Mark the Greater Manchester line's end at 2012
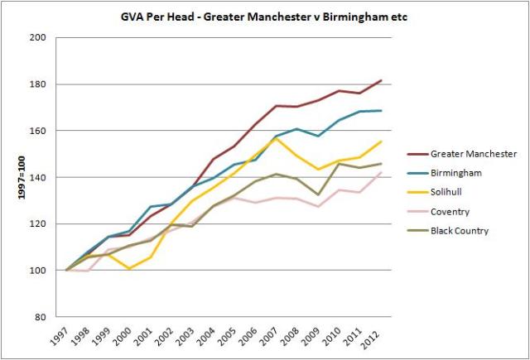coord(381,80)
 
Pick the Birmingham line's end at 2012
coord(381,111)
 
